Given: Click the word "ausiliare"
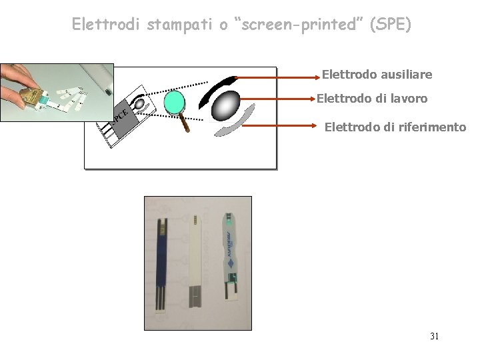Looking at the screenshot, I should coord(405,74).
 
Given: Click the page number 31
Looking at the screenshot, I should coord(434,336).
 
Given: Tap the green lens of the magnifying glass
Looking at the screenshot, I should coord(174,102).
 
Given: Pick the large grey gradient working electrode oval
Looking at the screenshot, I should coord(226,105).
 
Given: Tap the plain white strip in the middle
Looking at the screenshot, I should coord(195,260).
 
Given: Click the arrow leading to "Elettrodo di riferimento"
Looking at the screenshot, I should coord(287,124).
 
